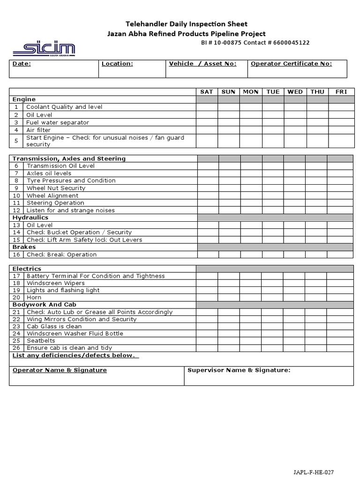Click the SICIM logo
pos(44,49)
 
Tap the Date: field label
pos(22,64)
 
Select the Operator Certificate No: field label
pos(291,64)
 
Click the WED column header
pos(295,92)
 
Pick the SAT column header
pos(206,92)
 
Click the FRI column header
pos(341,92)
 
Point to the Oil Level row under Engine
pos(39,115)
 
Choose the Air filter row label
pos(38,130)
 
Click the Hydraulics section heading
pos(30,217)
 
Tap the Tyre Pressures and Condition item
pos(71,180)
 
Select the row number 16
pos(16,255)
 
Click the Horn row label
pos(34,297)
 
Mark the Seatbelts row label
pos(41,341)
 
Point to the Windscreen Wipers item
pos(56,283)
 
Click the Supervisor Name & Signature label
pos(239,370)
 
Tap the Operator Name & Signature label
pos(60,370)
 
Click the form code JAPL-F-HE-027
pos(315,472)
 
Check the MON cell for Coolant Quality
pos(251,107)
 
